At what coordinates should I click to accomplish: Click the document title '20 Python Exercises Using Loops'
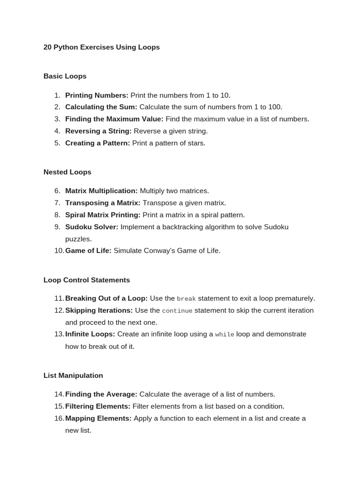point(101,47)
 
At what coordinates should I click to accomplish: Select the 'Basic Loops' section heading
point(65,76)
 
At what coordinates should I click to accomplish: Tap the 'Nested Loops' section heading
point(67,172)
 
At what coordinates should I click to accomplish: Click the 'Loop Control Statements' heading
point(86,280)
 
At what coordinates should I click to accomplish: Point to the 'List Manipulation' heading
point(73,375)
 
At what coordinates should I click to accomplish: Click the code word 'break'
point(186,299)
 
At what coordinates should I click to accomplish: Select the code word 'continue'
point(177,311)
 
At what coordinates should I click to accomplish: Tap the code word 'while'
point(225,335)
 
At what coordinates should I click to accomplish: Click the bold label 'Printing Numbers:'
point(97,95)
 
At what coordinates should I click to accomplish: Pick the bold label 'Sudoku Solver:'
point(91,227)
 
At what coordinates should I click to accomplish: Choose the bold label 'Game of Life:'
point(88,251)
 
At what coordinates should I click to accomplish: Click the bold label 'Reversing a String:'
point(98,131)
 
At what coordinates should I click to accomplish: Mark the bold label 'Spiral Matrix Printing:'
point(103,215)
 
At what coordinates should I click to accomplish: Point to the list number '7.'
point(57,203)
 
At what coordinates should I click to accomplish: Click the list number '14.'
point(59,394)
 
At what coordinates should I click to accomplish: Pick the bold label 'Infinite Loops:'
point(90,334)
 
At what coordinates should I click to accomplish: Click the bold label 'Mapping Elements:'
point(98,418)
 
